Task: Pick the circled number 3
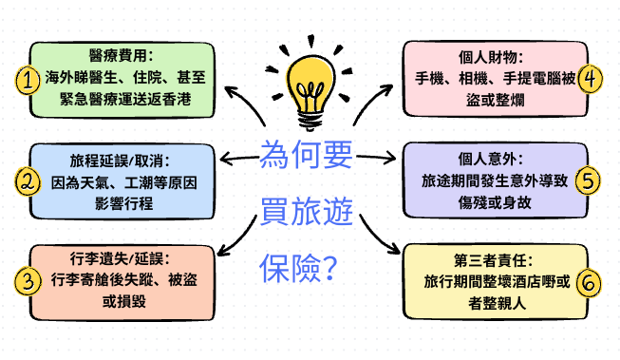click(28, 280)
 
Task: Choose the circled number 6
click(591, 281)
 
